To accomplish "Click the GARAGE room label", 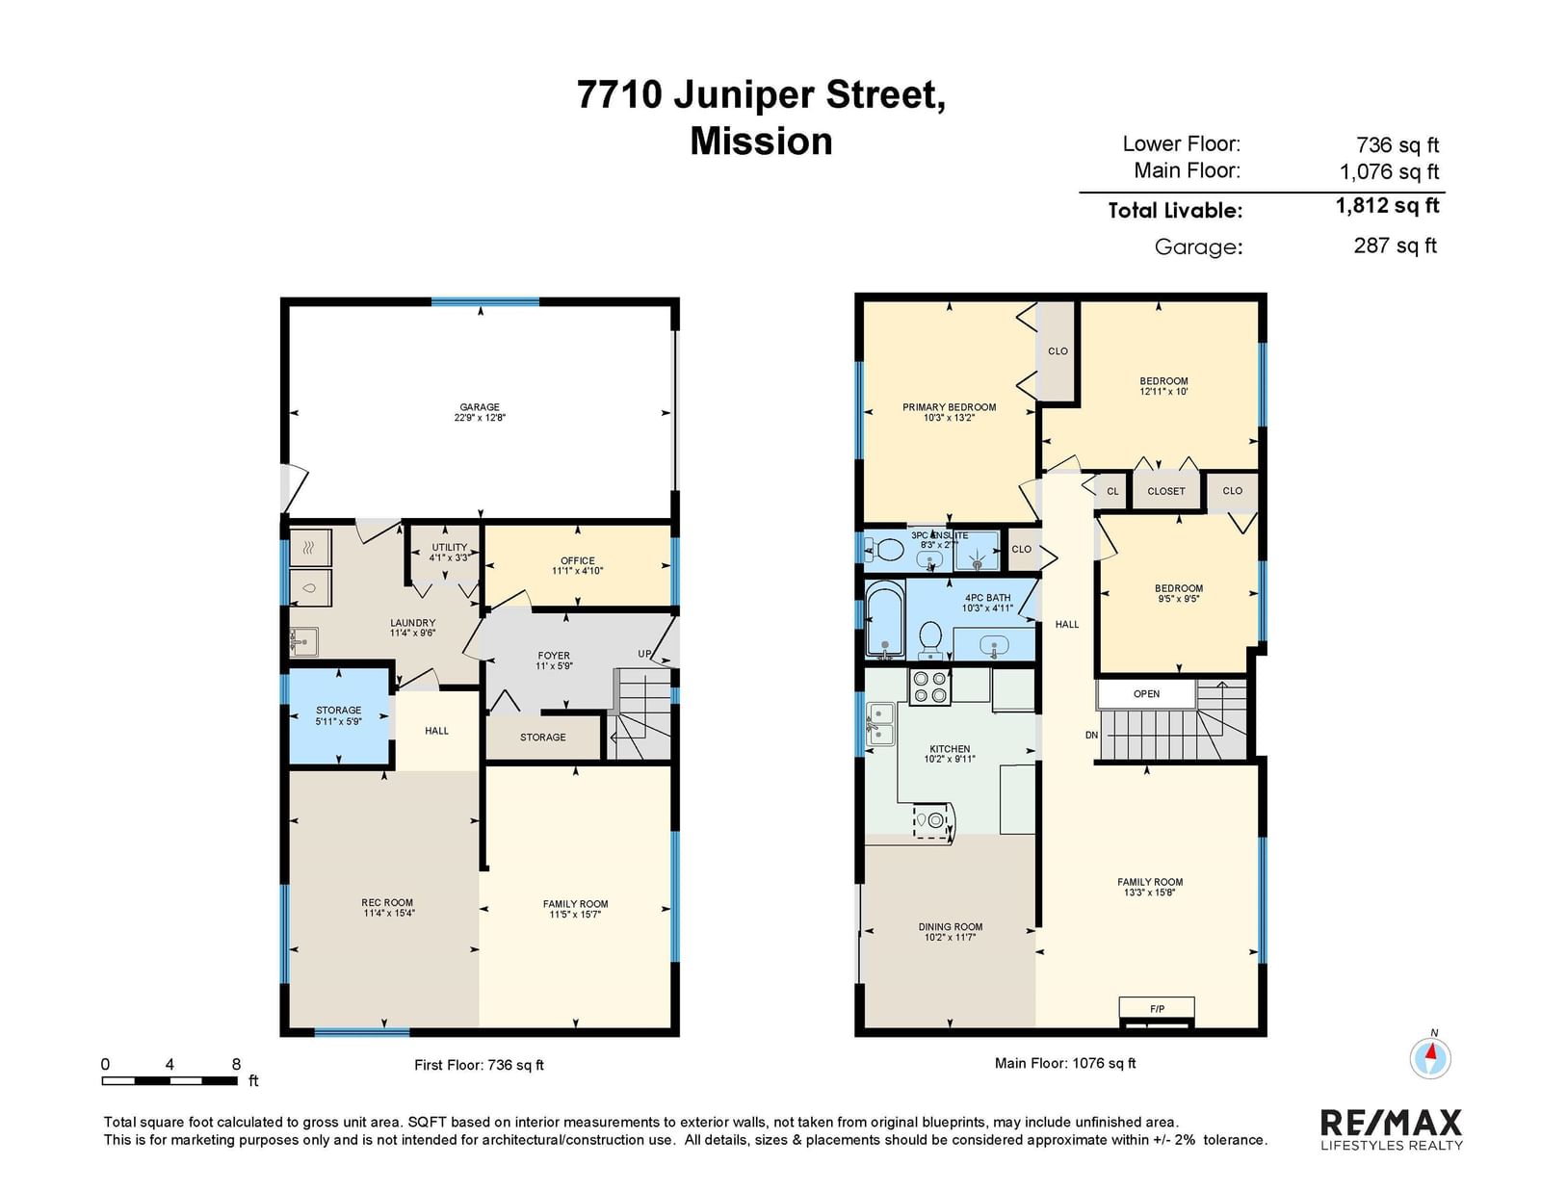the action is pyautogui.click(x=480, y=407).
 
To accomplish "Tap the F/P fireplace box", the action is pyautogui.click(x=1157, y=1008).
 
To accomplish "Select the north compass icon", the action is pyautogui.click(x=1429, y=1059).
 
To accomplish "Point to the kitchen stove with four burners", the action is pyautogui.click(x=929, y=686).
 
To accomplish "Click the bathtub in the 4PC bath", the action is pyautogui.click(x=885, y=619).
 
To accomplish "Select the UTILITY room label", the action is pyautogui.click(x=450, y=547).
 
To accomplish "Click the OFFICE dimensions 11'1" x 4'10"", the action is pyautogui.click(x=577, y=571).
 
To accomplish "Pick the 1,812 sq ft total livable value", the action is pyautogui.click(x=1387, y=206).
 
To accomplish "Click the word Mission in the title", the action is pyautogui.click(x=761, y=142).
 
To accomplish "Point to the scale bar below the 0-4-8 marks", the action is pyautogui.click(x=170, y=1081).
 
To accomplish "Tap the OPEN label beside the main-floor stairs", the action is pyautogui.click(x=1146, y=694).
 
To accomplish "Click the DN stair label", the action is pyautogui.click(x=1091, y=736).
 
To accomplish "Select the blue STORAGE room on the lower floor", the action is pyautogui.click(x=339, y=715).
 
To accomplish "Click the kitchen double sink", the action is pyautogui.click(x=880, y=724).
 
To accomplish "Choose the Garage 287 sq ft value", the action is pyautogui.click(x=1395, y=246).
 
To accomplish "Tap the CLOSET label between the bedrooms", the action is pyautogui.click(x=1165, y=491).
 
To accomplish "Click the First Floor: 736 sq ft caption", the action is pyautogui.click(x=479, y=1065).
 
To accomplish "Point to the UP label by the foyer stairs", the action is pyautogui.click(x=644, y=654).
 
